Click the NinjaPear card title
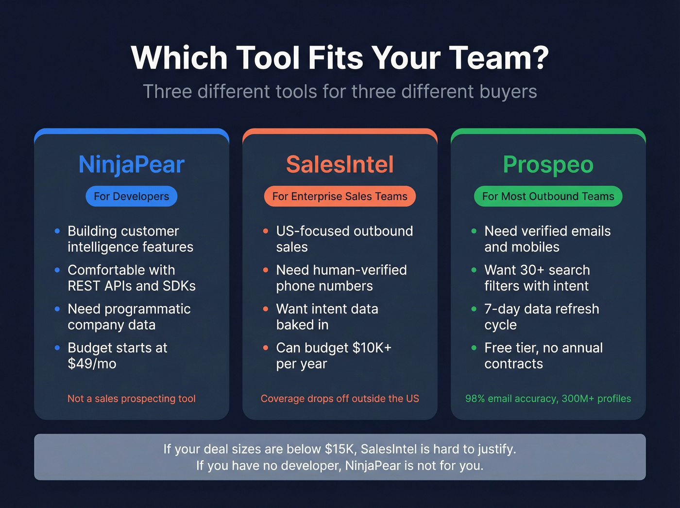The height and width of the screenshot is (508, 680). [x=132, y=164]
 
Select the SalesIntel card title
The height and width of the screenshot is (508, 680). [x=340, y=164]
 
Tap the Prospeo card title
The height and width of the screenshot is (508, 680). [x=548, y=164]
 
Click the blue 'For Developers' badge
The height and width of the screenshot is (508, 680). [x=132, y=196]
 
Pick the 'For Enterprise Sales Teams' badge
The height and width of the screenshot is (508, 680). [x=340, y=196]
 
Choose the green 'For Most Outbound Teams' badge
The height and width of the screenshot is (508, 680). [x=548, y=196]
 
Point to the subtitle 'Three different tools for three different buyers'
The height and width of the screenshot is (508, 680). [x=340, y=92]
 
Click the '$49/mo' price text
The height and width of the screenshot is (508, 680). [x=92, y=364]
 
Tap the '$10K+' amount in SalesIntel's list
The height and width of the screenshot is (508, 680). [x=372, y=348]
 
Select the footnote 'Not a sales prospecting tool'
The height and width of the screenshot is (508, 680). [x=132, y=399]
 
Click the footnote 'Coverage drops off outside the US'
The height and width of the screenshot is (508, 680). [x=340, y=399]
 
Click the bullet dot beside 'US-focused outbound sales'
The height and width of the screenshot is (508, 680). [x=266, y=231]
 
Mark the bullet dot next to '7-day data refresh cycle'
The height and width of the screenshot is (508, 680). [x=474, y=309]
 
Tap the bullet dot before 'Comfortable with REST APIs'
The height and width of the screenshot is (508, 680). [x=57, y=270]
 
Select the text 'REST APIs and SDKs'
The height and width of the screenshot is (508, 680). [x=132, y=286]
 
